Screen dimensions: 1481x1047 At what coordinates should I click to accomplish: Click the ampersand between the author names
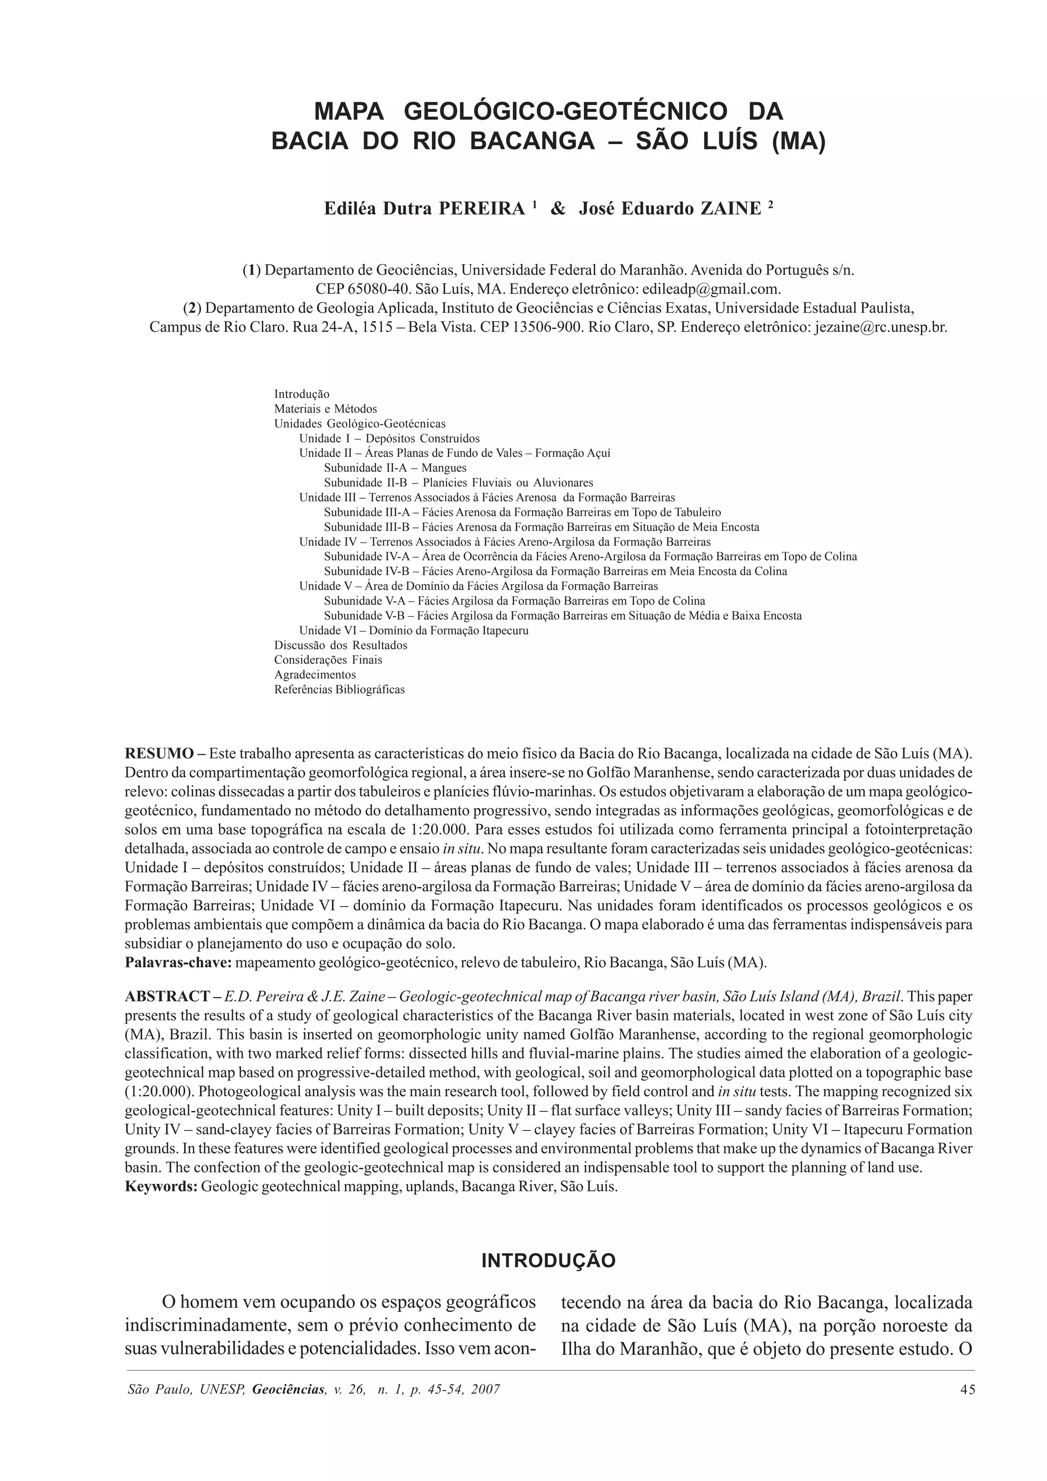tap(558, 209)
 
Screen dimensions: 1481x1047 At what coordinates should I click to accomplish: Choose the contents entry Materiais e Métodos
tap(325, 409)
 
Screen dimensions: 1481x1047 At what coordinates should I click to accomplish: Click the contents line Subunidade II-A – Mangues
tap(395, 468)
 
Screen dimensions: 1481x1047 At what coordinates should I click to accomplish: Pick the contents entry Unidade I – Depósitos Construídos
tap(389, 438)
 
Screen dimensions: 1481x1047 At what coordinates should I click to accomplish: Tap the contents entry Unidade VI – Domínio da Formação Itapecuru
tap(414, 630)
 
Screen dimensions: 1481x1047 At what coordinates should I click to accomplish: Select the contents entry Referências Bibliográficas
tap(339, 689)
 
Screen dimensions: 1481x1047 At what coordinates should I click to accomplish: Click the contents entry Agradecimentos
tap(315, 675)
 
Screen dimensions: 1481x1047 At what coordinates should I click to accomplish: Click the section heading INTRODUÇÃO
tap(549, 1260)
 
